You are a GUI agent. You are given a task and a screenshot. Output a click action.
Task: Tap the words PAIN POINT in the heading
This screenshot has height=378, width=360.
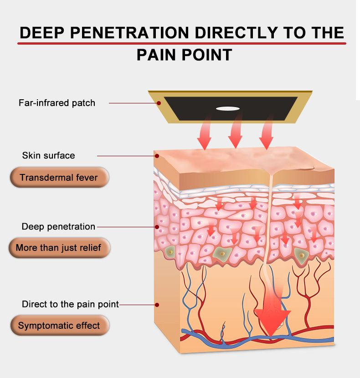point(184,55)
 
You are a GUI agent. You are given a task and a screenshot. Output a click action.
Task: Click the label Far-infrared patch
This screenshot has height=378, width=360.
point(57,102)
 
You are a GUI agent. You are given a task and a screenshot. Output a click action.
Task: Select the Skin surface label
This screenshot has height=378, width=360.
point(48,155)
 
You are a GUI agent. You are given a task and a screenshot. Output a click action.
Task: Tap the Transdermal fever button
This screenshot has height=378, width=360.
point(59,177)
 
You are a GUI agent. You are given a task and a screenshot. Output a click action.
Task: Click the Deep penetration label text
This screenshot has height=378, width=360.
point(58,226)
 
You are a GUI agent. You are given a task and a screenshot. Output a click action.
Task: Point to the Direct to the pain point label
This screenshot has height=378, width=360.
point(70,304)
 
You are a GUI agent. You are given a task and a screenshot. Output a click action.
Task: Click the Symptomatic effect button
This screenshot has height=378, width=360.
point(59,326)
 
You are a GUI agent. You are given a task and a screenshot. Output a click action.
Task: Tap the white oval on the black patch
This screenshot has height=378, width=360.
point(227,108)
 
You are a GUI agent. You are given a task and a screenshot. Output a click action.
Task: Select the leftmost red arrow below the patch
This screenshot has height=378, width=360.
point(204,134)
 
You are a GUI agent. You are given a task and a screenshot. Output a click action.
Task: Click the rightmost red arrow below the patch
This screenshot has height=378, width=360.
point(266,133)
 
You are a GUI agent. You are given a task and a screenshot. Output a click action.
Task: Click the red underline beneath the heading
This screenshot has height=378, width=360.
point(182,43)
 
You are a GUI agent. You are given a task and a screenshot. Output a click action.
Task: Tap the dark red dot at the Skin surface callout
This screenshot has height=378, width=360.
point(157,156)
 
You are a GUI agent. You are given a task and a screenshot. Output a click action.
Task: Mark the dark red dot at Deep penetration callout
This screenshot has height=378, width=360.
point(157,226)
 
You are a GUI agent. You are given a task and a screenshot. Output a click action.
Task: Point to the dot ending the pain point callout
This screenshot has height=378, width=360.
point(157,304)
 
